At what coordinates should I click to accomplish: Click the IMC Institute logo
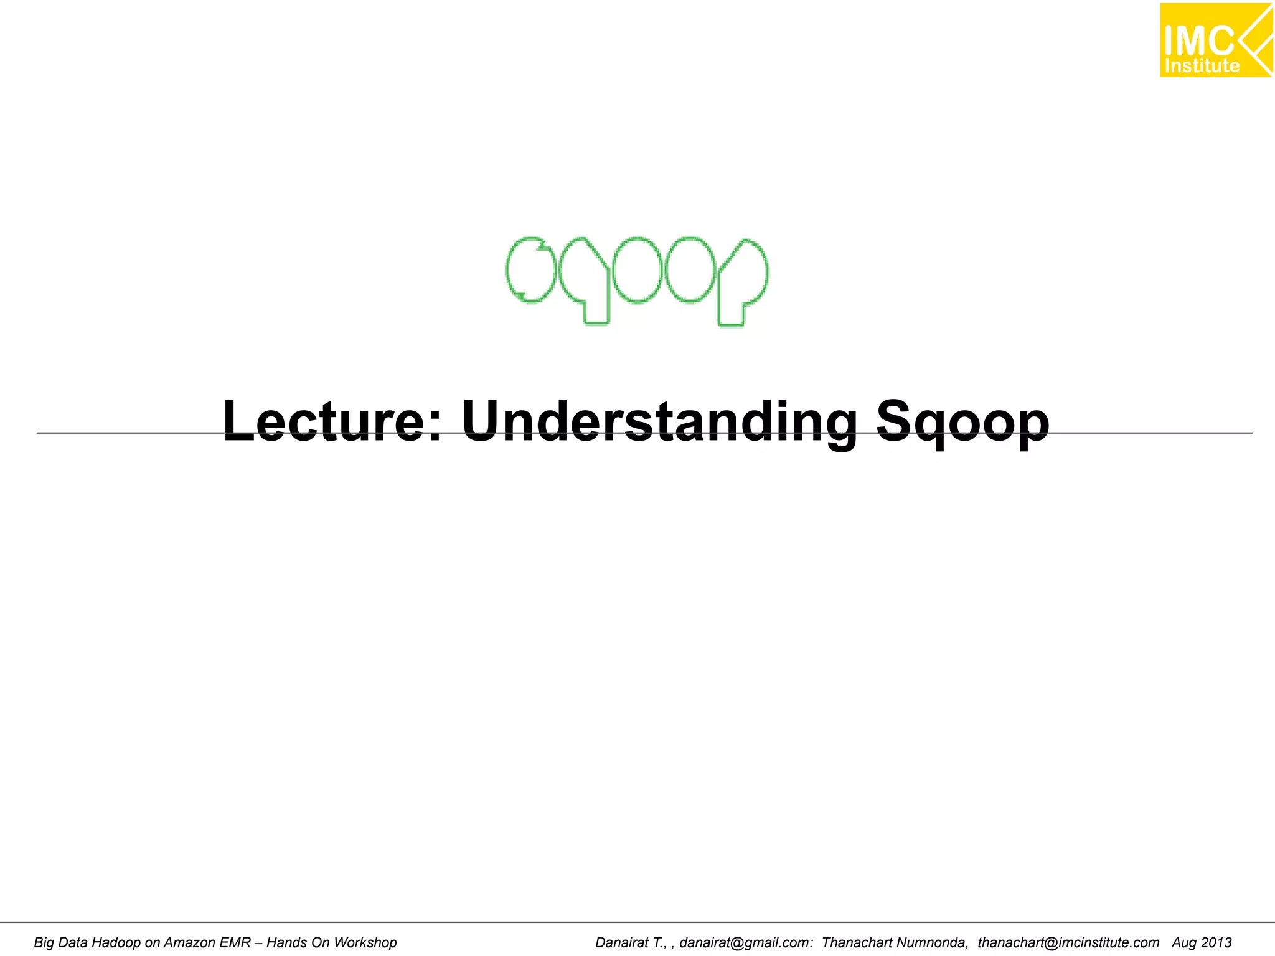tap(1216, 40)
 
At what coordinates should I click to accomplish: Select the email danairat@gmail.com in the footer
tap(746, 943)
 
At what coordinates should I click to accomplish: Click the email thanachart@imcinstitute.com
tap(1068, 943)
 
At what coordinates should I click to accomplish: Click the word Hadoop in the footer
tap(116, 943)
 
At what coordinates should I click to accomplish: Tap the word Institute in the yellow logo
tap(1202, 66)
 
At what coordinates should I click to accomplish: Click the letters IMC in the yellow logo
tap(1198, 41)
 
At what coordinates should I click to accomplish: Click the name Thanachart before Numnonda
tap(857, 943)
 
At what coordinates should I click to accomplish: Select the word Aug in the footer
tap(1183, 943)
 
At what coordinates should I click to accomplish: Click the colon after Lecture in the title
tap(436, 426)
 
